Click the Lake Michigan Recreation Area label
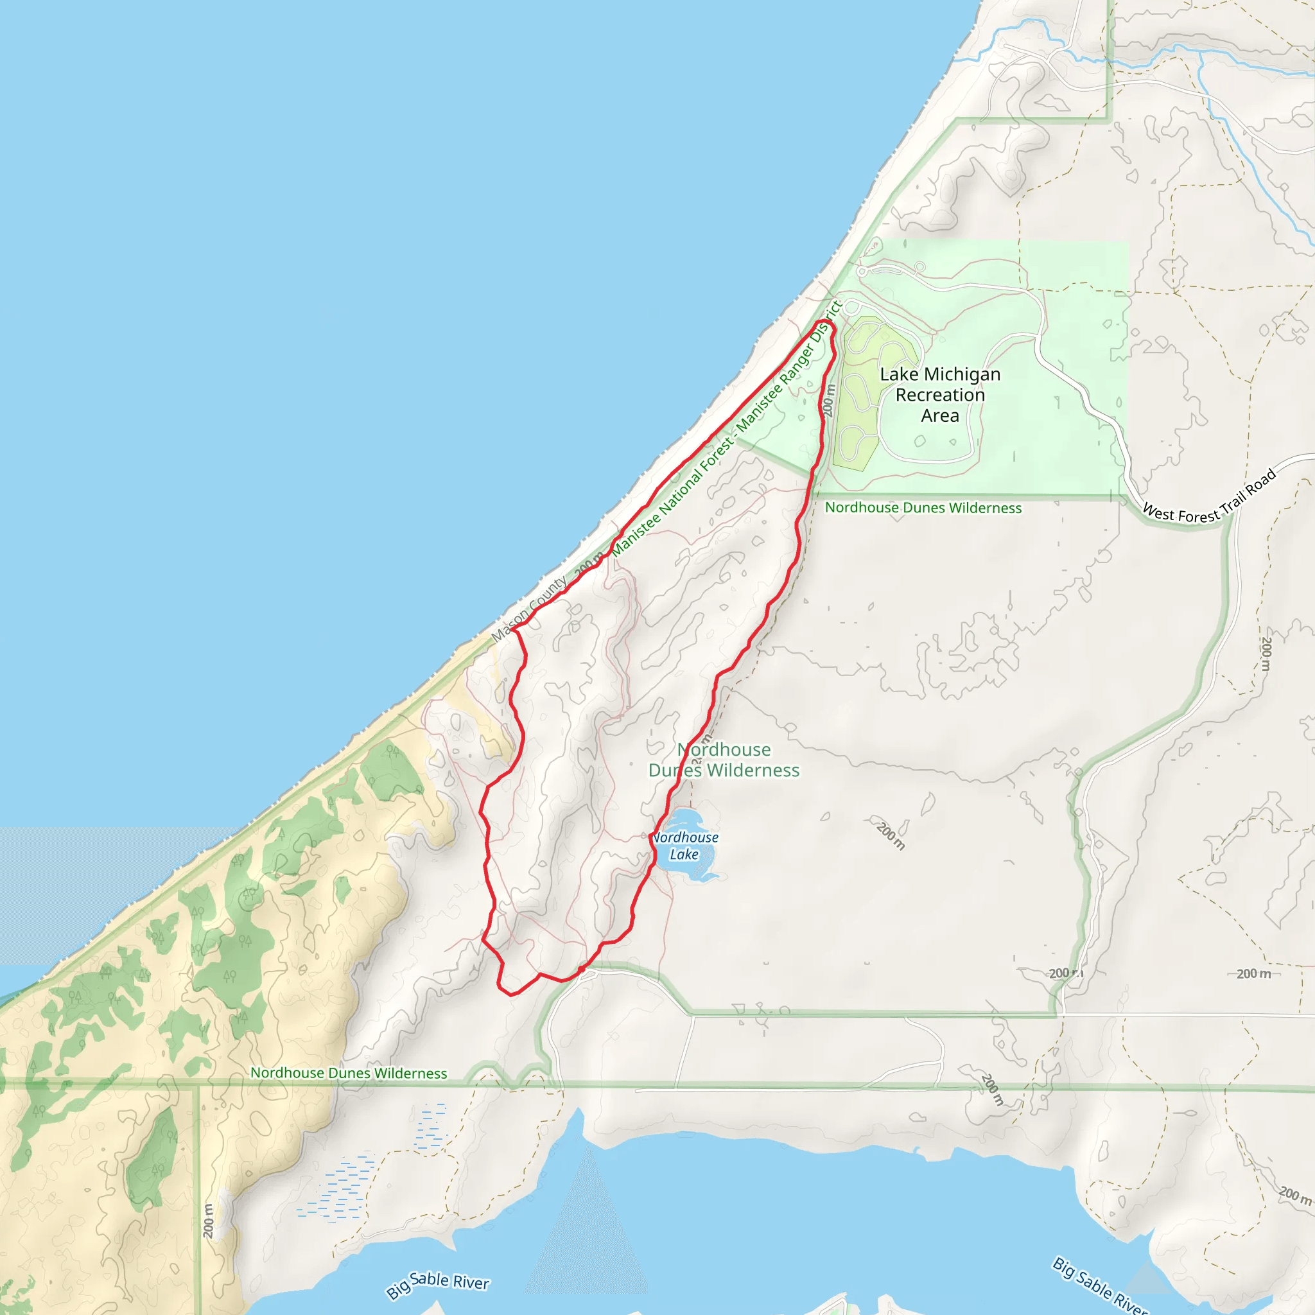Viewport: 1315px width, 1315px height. (940, 395)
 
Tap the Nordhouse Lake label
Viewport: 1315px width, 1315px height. (684, 846)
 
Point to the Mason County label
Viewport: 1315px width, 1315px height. (529, 609)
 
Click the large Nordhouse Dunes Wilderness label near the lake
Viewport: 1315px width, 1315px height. (724, 760)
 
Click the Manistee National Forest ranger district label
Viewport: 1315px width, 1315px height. (727, 430)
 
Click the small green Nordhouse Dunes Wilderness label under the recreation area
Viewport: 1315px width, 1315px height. (923, 508)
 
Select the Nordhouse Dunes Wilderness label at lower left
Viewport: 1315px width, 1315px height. (349, 1073)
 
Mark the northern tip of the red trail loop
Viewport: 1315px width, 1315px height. (830, 324)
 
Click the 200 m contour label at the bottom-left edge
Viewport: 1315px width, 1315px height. (208, 1221)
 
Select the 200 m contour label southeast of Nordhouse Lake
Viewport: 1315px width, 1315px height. (891, 837)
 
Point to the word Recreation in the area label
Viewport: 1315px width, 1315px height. (940, 395)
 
